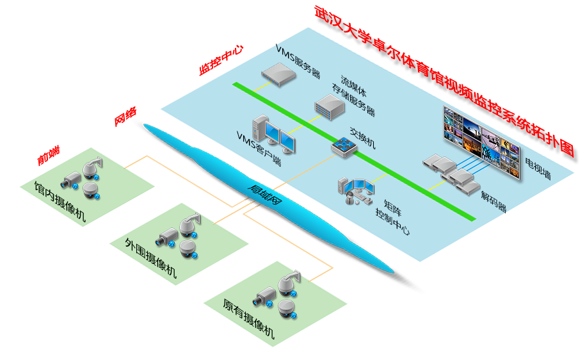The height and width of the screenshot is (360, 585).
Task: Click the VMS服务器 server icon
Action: click(278, 74)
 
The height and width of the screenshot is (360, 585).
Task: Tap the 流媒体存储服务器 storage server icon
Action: click(330, 107)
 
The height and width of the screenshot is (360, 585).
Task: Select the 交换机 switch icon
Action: click(344, 147)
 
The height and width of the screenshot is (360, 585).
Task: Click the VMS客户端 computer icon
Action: click(274, 135)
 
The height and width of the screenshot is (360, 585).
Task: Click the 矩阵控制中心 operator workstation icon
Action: click(356, 191)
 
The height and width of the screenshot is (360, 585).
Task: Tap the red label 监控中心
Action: click(221, 60)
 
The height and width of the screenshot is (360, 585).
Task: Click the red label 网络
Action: click(125, 117)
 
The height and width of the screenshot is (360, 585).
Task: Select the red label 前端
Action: click(49, 156)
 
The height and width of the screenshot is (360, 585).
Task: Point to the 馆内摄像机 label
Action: click(60, 201)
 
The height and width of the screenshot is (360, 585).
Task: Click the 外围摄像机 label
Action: click(150, 258)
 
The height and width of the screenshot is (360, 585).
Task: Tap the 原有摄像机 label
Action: click(249, 318)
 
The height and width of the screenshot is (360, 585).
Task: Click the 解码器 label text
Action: click(493, 202)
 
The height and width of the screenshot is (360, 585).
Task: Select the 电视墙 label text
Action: click(538, 168)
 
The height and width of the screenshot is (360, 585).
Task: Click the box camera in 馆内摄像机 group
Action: click(71, 181)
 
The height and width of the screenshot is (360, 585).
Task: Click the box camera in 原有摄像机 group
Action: click(264, 297)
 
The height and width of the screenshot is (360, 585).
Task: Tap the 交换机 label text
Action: click(362, 138)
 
